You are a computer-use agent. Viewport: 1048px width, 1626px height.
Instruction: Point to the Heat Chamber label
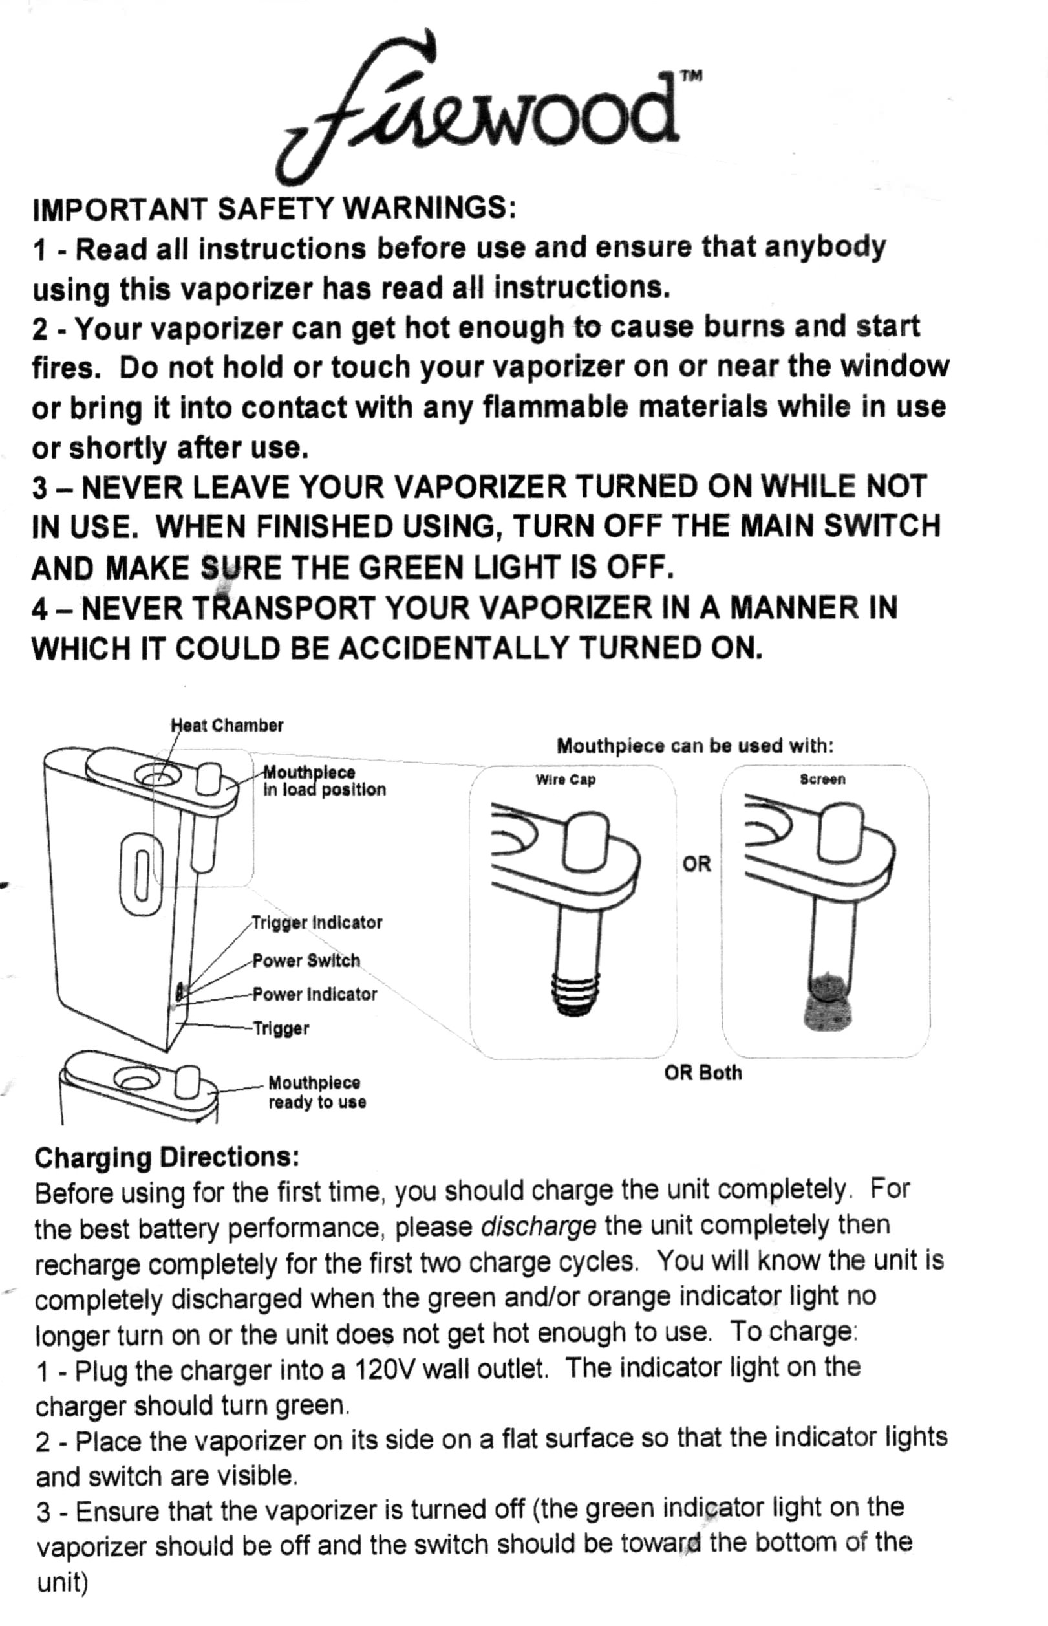[x=227, y=726]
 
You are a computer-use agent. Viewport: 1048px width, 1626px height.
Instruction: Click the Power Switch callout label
[x=306, y=960]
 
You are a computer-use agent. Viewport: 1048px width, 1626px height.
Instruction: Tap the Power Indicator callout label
[x=314, y=994]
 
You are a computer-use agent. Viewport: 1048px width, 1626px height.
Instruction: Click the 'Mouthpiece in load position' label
[x=324, y=781]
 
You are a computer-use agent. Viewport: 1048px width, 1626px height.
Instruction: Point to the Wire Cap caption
[x=565, y=780]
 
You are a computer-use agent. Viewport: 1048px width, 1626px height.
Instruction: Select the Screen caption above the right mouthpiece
[x=822, y=779]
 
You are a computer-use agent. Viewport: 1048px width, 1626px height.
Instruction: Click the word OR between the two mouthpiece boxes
[x=696, y=863]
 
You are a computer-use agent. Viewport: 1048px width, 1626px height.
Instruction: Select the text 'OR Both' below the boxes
[x=703, y=1074]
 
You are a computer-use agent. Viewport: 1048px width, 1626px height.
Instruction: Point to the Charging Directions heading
[x=167, y=1157]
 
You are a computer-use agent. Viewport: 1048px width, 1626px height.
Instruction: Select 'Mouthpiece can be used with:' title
[x=695, y=746]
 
